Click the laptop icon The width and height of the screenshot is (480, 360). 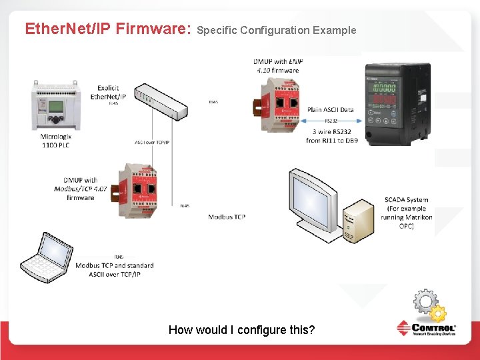coord(47,259)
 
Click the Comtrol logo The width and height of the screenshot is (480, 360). coord(426,330)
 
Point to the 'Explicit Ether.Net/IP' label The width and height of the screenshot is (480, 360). coord(108,92)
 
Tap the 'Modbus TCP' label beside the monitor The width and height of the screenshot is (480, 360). coord(227,217)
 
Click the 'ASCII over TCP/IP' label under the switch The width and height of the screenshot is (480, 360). coord(153,142)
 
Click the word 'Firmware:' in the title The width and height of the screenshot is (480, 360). coord(153,29)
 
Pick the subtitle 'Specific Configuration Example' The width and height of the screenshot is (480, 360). coord(277,30)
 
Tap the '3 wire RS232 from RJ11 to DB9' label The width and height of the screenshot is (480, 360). coord(332,136)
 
